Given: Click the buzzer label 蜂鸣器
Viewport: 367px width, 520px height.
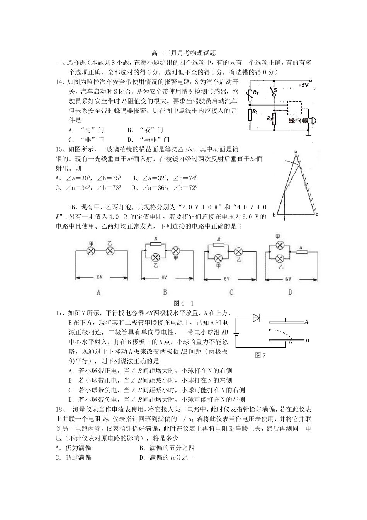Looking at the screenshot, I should pyautogui.click(x=298, y=121).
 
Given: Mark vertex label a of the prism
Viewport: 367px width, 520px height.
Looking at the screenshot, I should pyautogui.click(x=295, y=151).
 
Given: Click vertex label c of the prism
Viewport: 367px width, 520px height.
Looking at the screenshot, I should pyautogui.click(x=316, y=214).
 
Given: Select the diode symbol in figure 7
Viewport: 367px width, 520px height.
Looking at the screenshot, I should pyautogui.click(x=256, y=318).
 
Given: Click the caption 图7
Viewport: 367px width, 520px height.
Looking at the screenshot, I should pyautogui.click(x=260, y=356).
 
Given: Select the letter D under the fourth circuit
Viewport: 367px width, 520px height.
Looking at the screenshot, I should pyautogui.click(x=290, y=292).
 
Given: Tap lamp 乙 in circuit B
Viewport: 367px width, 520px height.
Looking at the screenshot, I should pyautogui.click(x=156, y=257).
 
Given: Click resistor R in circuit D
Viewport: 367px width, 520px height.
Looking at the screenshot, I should pyautogui.click(x=302, y=252).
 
